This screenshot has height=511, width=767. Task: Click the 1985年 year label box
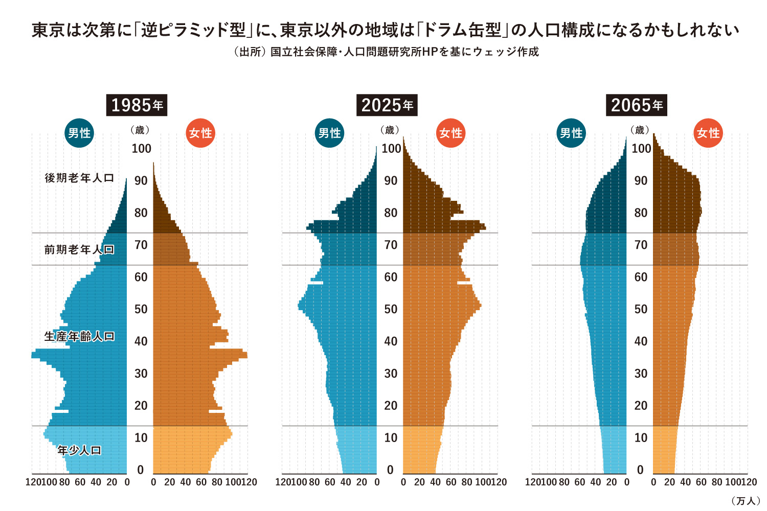click(137, 105)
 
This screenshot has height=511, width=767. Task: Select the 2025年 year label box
click(387, 105)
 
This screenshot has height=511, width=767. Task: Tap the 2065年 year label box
click(637, 105)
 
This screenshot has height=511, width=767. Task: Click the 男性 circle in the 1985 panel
click(79, 133)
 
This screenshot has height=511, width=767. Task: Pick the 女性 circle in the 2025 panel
click(450, 133)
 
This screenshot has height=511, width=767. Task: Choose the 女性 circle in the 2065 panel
click(708, 133)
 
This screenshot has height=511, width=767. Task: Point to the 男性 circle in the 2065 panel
click(571, 133)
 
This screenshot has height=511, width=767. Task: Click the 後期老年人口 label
click(79, 178)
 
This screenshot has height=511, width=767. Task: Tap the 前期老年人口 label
click(79, 249)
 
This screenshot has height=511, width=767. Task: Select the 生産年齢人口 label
click(79, 336)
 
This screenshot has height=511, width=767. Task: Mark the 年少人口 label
click(79, 450)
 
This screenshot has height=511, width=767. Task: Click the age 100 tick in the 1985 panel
click(141, 149)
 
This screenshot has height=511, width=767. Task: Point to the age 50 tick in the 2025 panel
click(391, 309)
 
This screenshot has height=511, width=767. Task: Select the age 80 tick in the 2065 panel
click(641, 213)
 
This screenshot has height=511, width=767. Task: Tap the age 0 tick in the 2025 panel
click(390, 470)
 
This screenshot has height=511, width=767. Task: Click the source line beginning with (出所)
click(386, 52)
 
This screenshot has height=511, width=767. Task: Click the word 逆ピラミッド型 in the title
click(194, 30)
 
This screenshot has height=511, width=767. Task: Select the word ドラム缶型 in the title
click(463, 30)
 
